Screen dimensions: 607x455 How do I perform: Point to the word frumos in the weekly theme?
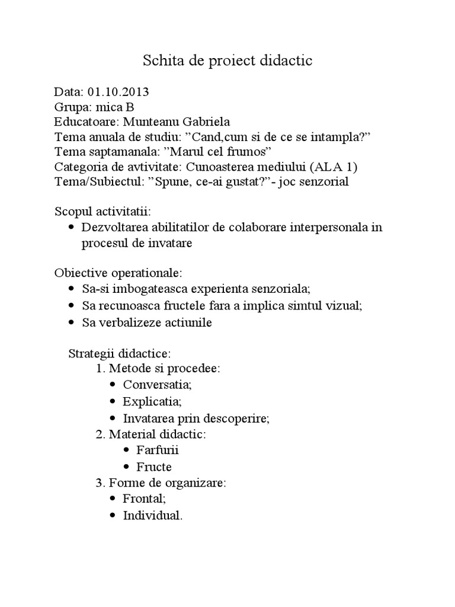251,152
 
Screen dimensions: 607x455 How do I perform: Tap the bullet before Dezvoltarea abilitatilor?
72,227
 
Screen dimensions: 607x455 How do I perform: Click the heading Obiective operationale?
118,273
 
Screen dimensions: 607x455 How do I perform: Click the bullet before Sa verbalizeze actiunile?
72,323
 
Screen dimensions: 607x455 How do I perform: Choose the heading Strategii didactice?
119,353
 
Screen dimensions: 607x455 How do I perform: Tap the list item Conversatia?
157,384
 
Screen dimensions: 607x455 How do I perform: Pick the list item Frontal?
144,499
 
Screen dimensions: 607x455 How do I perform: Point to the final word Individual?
152,515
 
